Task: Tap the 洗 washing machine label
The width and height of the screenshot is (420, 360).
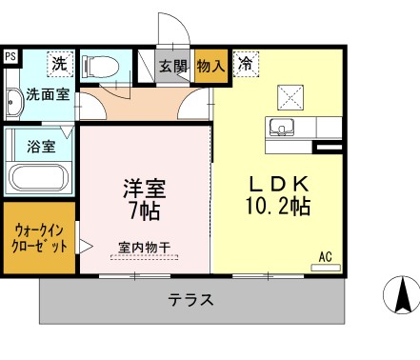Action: [x=59, y=65]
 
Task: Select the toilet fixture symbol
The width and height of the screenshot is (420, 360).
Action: [x=97, y=67]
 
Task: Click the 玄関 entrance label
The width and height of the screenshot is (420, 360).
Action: [x=172, y=67]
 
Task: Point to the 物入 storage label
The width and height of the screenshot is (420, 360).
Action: [x=210, y=67]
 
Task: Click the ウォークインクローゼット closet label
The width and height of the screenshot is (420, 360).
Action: [x=39, y=237]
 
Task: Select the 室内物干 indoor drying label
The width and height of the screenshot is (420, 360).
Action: [x=145, y=248]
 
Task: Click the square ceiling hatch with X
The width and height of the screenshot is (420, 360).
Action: [x=290, y=96]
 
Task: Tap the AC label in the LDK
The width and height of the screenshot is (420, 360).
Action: [x=325, y=256]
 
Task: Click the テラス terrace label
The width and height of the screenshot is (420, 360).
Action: [x=190, y=299]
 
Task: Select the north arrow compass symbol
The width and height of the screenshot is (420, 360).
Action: [x=401, y=295]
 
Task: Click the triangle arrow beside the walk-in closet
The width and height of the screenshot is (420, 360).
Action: [x=85, y=247]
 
